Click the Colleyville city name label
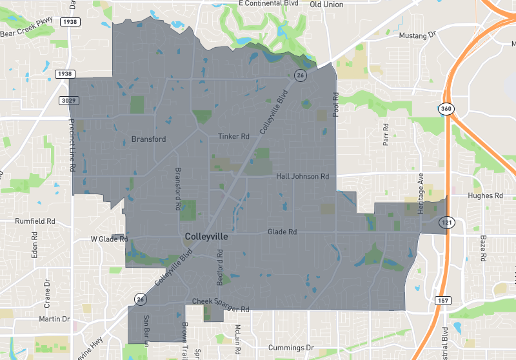(x=206, y=237)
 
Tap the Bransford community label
(x=148, y=139)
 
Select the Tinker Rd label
(x=233, y=137)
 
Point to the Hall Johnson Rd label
(x=303, y=176)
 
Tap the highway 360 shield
(x=446, y=108)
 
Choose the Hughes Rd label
(x=485, y=195)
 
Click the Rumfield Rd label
(x=35, y=221)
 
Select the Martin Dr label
(x=54, y=319)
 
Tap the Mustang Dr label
(x=417, y=35)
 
